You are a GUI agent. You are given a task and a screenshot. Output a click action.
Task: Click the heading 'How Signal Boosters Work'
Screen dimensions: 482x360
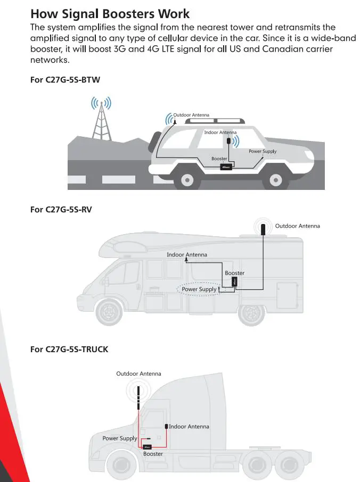point(110,14)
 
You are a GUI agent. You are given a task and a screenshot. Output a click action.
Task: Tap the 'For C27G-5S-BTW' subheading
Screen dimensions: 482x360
point(65,80)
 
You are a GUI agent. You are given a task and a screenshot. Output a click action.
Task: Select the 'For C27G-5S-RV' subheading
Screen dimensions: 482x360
point(62,209)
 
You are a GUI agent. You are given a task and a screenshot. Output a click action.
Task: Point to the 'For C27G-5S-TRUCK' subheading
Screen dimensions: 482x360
point(69,349)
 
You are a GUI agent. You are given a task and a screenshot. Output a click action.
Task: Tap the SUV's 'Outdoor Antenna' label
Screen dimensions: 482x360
point(191,115)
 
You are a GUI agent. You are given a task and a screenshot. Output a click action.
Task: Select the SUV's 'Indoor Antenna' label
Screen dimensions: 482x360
point(220,132)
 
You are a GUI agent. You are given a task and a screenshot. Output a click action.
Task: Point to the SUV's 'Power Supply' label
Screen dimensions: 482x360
point(263,152)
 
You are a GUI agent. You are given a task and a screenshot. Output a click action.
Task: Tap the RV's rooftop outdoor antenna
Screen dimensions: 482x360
point(264,229)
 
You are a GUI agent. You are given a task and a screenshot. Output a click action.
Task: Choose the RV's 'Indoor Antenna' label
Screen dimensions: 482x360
point(187,255)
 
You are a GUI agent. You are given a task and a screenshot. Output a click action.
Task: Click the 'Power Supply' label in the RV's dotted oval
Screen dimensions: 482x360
point(199,289)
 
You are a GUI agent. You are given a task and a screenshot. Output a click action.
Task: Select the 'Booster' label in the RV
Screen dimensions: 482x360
point(234,273)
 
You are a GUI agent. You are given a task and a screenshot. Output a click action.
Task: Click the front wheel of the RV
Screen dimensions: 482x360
point(111,313)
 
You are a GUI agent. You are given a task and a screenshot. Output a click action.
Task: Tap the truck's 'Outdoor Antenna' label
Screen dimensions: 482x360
point(138,374)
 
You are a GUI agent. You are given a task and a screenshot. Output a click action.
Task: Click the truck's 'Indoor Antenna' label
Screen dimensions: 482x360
point(189,426)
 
